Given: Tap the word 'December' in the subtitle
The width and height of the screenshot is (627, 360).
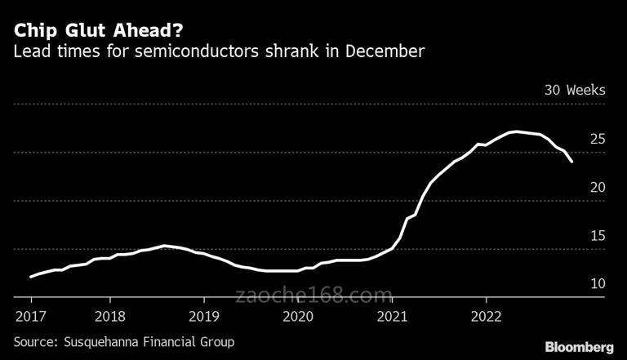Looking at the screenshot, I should (386, 52).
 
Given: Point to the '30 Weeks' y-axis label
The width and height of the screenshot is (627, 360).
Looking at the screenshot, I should (575, 90).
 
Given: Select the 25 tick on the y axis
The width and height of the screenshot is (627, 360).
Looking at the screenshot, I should (597, 139).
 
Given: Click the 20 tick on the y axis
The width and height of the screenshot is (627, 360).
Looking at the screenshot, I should (597, 187).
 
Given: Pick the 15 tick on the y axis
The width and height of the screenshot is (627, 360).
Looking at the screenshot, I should (597, 236).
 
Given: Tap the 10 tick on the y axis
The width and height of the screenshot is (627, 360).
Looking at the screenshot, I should (597, 284).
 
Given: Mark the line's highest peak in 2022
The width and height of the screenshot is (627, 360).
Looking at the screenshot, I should (514, 131).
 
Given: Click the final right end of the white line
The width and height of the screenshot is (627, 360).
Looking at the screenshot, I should (571, 162).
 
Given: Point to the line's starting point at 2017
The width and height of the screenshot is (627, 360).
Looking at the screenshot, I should (30, 277).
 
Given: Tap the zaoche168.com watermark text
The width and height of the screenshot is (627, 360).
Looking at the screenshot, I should (314, 294).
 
